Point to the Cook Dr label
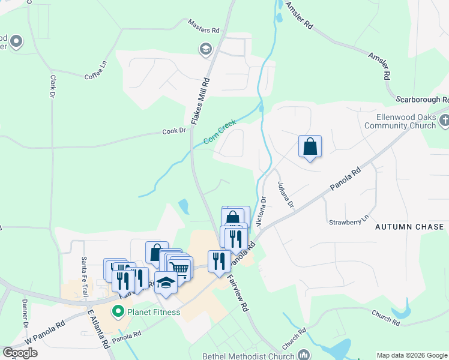click(x=174, y=130)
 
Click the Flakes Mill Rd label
click(x=200, y=101)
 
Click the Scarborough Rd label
click(x=422, y=99)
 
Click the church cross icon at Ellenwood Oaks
click(x=444, y=120)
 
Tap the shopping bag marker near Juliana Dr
click(x=310, y=146)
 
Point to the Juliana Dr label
click(x=285, y=196)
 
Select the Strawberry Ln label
click(x=349, y=222)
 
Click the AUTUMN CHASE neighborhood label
click(x=409, y=227)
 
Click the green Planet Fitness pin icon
click(x=118, y=311)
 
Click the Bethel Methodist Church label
click(x=249, y=356)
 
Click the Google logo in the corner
click(x=20, y=353)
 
